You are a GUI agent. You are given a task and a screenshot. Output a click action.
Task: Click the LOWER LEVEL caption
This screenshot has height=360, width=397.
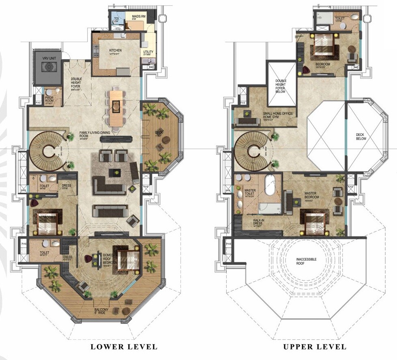[124, 347]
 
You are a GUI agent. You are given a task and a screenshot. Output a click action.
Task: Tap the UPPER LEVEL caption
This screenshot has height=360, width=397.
[315, 347]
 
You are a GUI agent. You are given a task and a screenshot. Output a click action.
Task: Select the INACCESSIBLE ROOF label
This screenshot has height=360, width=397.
[307, 261]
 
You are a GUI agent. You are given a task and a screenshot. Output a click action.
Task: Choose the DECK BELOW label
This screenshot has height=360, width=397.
[361, 137]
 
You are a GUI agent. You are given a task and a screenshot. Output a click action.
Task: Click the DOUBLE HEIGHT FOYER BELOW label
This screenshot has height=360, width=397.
[281, 86]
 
